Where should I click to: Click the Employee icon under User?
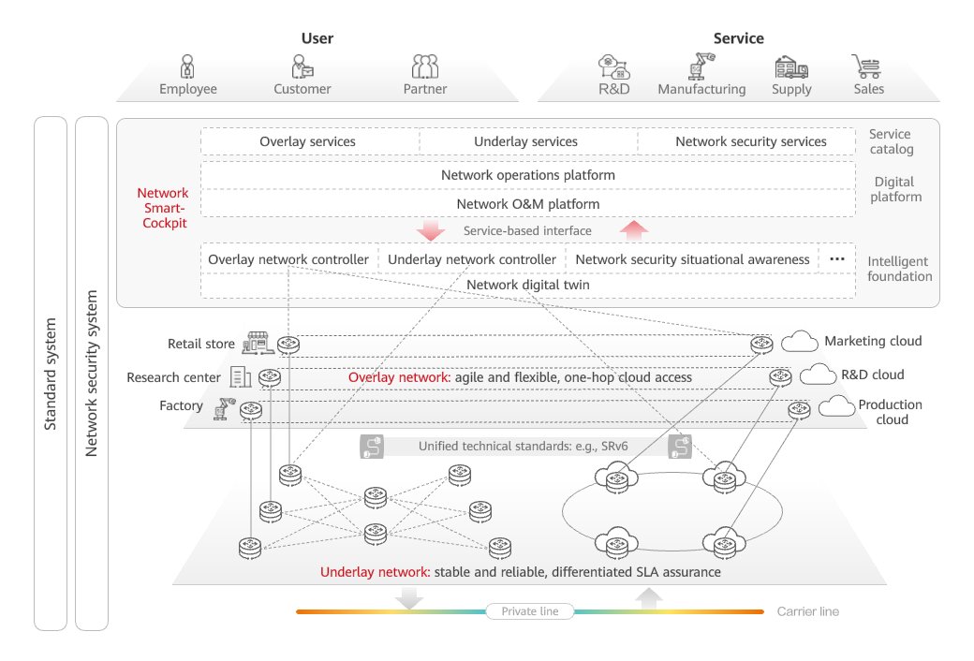click(187, 66)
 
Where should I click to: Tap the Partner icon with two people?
click(425, 66)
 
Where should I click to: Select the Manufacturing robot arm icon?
click(701, 66)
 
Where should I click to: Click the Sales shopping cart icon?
click(867, 66)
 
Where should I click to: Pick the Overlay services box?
click(307, 141)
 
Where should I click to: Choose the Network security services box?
click(750, 141)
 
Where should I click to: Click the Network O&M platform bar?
click(527, 203)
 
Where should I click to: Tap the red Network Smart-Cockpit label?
click(162, 208)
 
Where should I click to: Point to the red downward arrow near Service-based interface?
click(432, 230)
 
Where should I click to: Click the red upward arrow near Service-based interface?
click(634, 230)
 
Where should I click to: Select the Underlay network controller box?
click(472, 258)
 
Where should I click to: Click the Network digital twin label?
click(527, 285)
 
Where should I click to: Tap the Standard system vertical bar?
click(51, 373)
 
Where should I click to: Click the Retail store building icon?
click(258, 343)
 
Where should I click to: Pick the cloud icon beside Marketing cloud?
click(799, 342)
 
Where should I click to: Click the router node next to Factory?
click(250, 409)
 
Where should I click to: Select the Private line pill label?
click(529, 611)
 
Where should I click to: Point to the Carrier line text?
click(807, 611)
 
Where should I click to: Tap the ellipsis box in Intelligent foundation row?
click(837, 258)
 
